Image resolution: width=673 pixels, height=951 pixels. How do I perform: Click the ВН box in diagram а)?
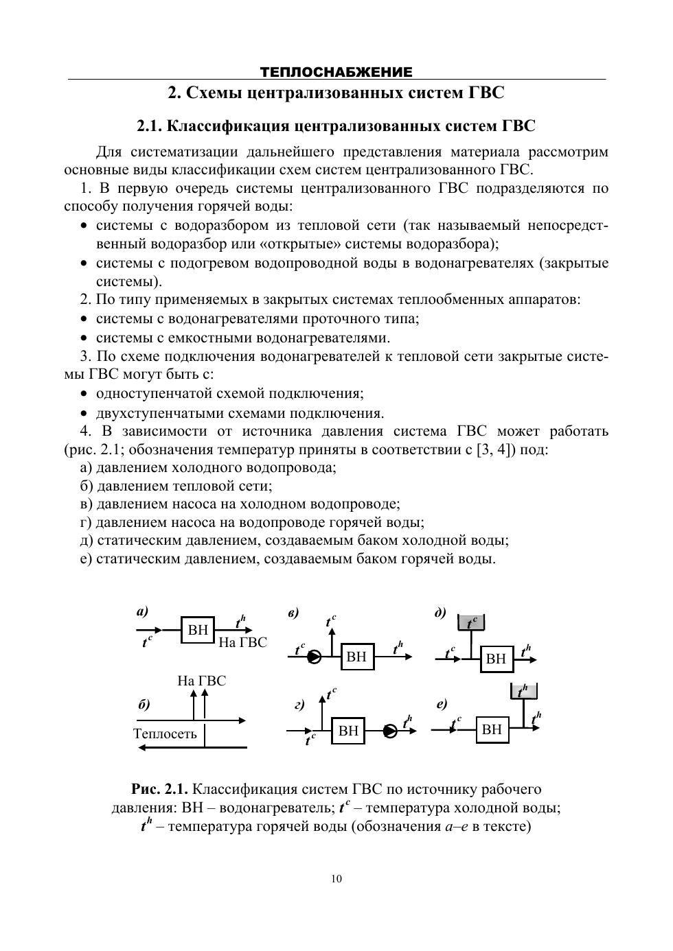tap(198, 630)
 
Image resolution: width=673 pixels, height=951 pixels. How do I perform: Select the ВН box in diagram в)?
tap(356, 657)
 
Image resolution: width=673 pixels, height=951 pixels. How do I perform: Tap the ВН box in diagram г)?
tap(348, 731)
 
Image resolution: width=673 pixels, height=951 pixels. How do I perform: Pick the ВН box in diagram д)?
tap(496, 659)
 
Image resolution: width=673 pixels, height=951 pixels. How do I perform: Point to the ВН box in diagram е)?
tap(492, 729)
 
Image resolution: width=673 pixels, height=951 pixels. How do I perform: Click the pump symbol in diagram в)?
tap(315, 657)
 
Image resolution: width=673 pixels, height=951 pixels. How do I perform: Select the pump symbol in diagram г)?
tap(391, 731)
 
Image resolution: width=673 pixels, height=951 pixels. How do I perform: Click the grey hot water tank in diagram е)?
tap(524, 691)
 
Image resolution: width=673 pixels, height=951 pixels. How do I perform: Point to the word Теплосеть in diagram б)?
tap(165, 733)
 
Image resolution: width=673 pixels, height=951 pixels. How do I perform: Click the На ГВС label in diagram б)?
tap(201, 681)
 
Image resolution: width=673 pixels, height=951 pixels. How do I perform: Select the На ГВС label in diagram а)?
tap(242, 642)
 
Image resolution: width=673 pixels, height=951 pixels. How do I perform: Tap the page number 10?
tap(336, 879)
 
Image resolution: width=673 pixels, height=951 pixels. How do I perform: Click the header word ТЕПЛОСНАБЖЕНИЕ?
tap(336, 72)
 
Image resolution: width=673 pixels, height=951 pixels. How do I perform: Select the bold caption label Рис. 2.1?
tap(159, 790)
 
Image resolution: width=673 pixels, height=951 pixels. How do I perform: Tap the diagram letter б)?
tap(144, 705)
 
